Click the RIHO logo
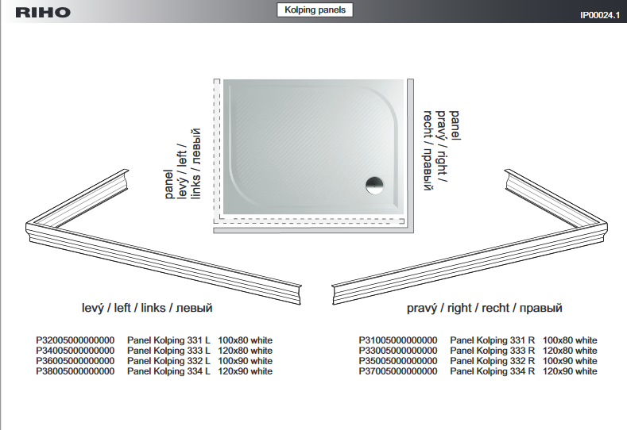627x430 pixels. pos(43,13)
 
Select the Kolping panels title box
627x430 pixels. pos(315,10)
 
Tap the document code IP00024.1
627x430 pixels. pos(600,15)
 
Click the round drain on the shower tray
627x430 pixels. pos(374,186)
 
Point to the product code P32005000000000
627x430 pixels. pos(75,340)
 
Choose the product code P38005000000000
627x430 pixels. pos(75,371)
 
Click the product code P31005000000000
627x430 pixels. pos(398,340)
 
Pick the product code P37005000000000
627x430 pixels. pos(398,371)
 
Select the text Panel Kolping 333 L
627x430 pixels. pos(168,351)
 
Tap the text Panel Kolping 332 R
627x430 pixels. pos(492,361)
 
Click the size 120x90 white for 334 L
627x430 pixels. pos(245,371)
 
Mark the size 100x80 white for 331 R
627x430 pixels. pos(570,340)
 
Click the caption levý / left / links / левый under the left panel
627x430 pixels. pos(147,308)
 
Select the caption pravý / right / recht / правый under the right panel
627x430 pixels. pos(485,308)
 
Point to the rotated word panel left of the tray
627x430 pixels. pos(168,184)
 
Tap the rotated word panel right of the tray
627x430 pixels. pos(455,125)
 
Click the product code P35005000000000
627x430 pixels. pos(398,361)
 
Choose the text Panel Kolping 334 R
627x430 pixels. pos(492,371)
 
